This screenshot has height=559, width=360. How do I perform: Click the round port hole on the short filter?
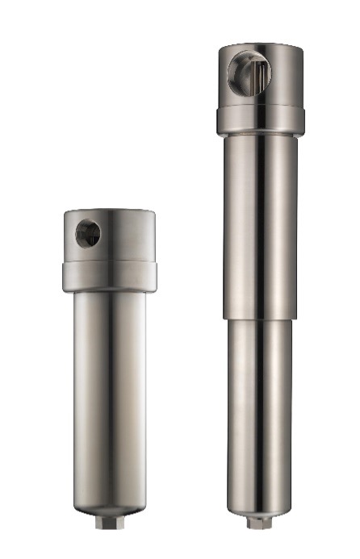(x=87, y=234)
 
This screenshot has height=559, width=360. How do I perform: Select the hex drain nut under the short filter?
(x=107, y=523)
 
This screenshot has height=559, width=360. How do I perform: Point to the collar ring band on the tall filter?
(x=260, y=119)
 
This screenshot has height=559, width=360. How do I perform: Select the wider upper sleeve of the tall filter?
(x=260, y=226)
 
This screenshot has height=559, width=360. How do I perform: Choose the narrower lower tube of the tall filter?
(x=260, y=403)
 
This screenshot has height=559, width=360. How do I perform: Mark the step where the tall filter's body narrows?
(x=260, y=319)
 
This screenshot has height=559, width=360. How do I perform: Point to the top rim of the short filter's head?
(x=108, y=211)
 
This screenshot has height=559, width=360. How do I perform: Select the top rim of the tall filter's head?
(x=260, y=46)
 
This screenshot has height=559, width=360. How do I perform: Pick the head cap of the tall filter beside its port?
(x=287, y=77)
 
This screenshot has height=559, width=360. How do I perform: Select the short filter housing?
(x=108, y=363)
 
